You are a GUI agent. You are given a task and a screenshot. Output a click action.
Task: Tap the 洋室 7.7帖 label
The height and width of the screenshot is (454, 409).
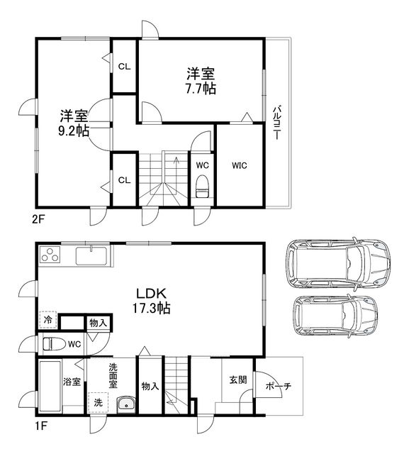(x=201, y=81)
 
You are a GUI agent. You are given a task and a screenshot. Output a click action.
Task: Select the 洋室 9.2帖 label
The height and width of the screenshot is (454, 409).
(x=74, y=123)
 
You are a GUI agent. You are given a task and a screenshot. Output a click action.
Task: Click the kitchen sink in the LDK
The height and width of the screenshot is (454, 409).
(x=91, y=255)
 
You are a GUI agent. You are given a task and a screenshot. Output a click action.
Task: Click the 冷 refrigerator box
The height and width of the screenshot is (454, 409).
(x=47, y=321)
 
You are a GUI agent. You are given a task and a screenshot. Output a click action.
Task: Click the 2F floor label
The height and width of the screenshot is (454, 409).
(x=38, y=218)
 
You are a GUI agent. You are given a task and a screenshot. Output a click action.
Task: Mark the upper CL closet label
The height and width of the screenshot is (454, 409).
(x=124, y=67)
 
